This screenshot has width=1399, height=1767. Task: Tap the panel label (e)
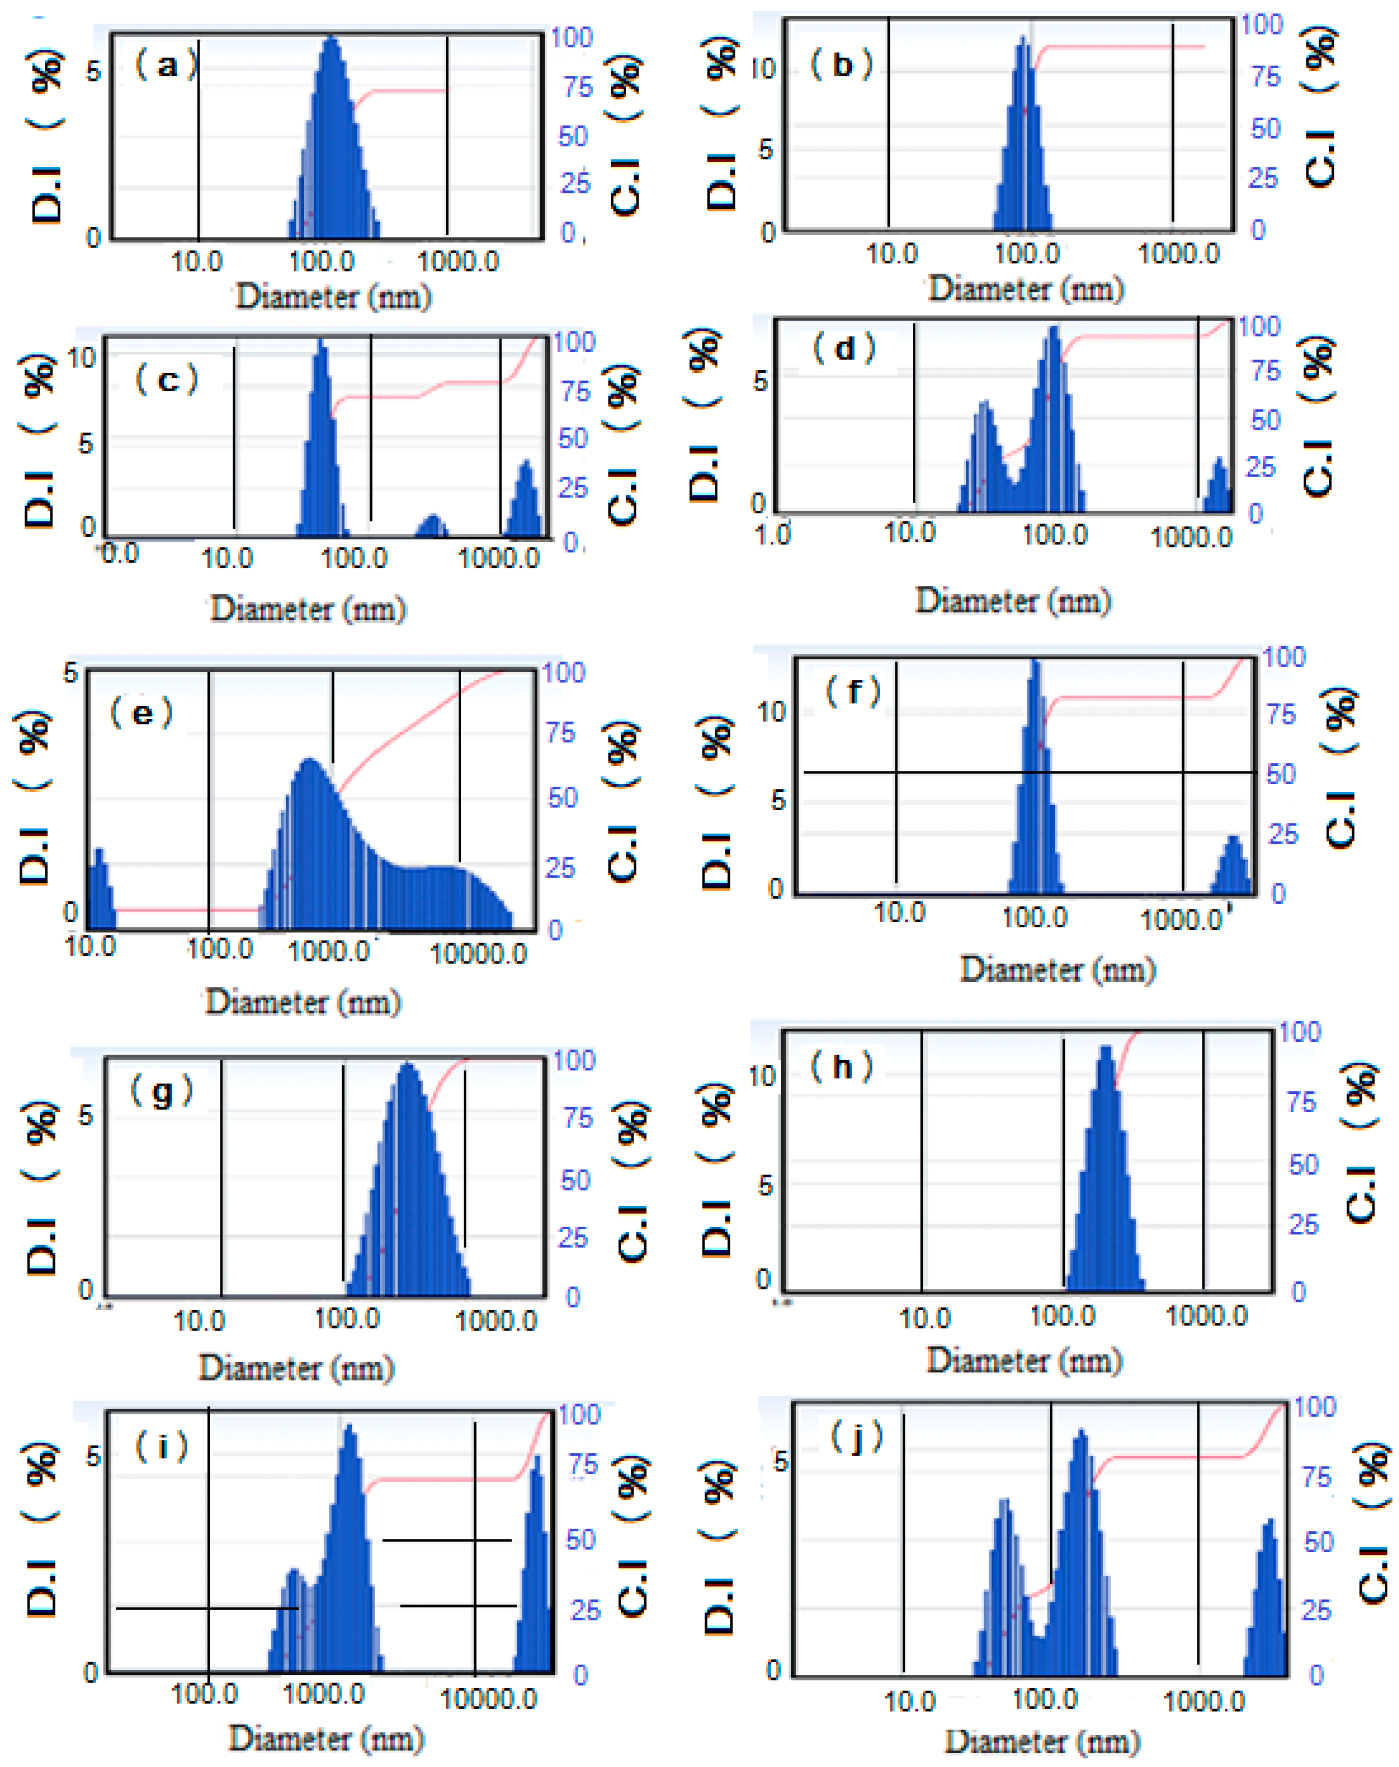tap(141, 713)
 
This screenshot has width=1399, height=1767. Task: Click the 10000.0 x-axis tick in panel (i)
tap(488, 1698)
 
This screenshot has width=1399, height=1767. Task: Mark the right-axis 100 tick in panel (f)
tap(1283, 657)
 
